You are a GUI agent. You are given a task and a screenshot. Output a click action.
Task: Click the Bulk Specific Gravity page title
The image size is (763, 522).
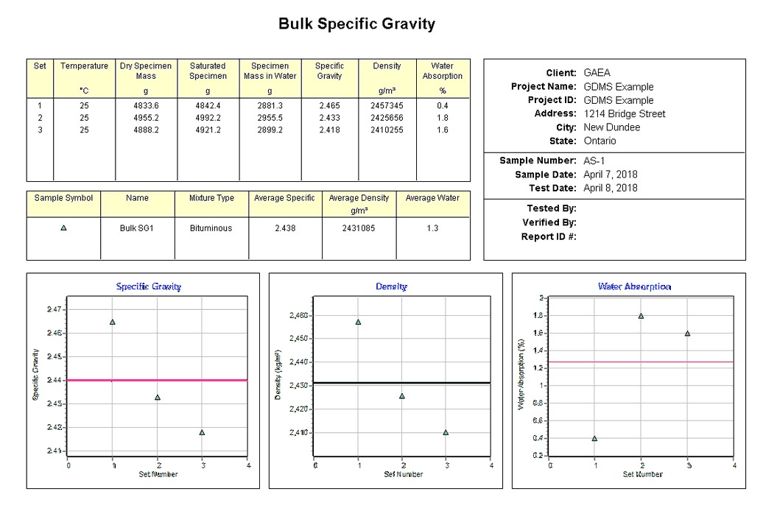[356, 24]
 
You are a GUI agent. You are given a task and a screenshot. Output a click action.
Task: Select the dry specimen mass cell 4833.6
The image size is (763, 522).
[146, 105]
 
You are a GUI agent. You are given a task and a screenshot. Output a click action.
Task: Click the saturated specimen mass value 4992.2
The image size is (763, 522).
[208, 118]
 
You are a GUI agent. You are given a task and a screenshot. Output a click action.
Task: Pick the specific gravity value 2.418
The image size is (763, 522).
[329, 130]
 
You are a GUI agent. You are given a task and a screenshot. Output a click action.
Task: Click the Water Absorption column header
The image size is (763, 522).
[443, 71]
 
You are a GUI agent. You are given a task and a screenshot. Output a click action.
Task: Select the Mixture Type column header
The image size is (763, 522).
[211, 198]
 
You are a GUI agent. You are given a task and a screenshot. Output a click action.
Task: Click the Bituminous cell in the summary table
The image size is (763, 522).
[211, 228]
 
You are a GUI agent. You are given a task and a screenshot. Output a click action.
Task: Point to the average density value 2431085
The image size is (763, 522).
[359, 228]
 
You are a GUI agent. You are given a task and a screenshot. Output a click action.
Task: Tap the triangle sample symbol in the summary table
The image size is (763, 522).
[63, 228]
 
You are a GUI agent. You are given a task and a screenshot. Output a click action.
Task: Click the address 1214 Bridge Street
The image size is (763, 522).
[624, 114]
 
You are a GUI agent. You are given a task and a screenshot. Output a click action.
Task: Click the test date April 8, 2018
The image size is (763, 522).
[611, 188]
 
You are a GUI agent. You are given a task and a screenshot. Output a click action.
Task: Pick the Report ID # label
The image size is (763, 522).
[549, 236]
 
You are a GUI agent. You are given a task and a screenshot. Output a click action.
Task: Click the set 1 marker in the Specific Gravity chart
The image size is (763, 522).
[113, 322]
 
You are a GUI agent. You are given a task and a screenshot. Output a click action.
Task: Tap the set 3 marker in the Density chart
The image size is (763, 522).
[446, 432]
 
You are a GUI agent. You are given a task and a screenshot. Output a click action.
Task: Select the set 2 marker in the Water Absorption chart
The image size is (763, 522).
[641, 316]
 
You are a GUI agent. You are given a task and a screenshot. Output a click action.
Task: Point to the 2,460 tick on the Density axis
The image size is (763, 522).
[299, 316]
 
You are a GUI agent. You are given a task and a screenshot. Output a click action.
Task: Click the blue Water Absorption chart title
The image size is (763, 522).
[634, 286]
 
